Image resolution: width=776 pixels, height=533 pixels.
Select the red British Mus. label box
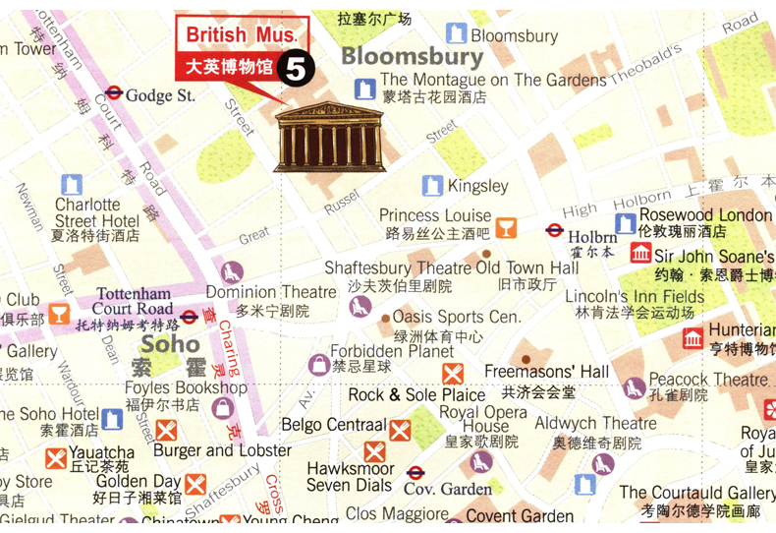point(242,35)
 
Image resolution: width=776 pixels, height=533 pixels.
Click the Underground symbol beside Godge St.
point(113,94)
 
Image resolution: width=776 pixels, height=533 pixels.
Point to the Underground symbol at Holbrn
point(554,231)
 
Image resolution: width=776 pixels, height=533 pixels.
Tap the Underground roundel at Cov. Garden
point(415,473)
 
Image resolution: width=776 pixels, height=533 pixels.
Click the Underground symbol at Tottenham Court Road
point(189,317)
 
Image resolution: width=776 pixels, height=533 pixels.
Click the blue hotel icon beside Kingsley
point(432,185)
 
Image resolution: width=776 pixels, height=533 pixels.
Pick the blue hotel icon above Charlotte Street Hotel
point(72,184)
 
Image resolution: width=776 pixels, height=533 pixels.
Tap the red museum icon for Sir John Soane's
point(640,254)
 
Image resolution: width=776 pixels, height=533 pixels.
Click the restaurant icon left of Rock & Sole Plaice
point(452,374)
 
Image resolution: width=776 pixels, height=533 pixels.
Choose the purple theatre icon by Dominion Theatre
point(232,272)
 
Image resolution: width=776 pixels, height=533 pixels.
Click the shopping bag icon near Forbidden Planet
point(318,366)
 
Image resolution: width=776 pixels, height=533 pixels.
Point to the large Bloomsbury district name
point(413,57)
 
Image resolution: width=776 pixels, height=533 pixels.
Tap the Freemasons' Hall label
point(547,371)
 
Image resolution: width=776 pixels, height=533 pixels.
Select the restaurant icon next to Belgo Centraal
point(400,430)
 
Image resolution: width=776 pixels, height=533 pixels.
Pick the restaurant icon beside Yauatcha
point(56,458)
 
